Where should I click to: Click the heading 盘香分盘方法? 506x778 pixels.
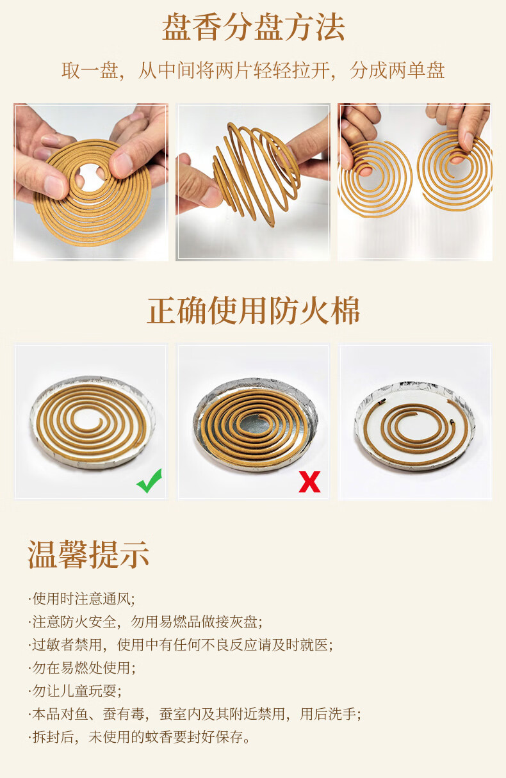(254, 28)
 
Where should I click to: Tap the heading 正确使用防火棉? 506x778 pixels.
(254, 311)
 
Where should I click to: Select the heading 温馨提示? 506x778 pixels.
(88, 555)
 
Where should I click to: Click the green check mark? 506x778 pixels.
(149, 481)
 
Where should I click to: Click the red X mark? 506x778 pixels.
(309, 482)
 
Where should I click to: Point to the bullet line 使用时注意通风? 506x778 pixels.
(82, 599)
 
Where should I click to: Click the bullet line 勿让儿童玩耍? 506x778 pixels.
(75, 691)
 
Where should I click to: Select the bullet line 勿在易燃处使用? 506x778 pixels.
(82, 668)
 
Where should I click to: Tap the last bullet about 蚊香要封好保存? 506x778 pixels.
(139, 737)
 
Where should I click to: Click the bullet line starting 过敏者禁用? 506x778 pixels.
(181, 645)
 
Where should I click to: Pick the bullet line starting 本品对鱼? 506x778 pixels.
(195, 714)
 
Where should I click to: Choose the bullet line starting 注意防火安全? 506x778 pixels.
(145, 622)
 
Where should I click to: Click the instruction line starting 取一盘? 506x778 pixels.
(253, 71)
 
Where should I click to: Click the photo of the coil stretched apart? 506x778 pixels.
(252, 182)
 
